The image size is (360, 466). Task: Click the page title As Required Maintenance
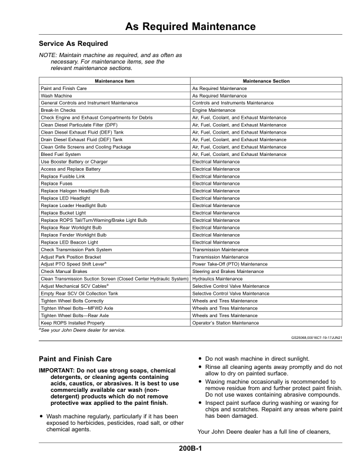point(191,27)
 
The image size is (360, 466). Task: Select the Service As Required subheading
point(73,44)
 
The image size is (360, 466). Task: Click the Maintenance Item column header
point(114,81)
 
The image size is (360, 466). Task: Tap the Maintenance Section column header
point(266,81)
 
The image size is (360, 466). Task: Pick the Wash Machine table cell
point(56,95)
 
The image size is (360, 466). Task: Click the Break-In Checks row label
point(58,110)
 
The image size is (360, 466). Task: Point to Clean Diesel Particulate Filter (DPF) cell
point(79,125)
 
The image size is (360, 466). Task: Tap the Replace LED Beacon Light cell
point(69,242)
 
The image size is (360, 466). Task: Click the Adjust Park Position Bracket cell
point(69,257)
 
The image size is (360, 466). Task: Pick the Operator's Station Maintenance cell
point(225,323)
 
